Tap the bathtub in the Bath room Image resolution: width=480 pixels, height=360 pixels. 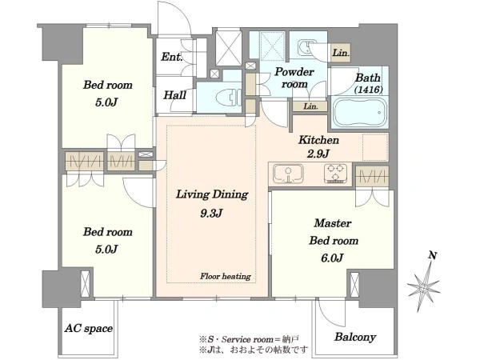(359, 112)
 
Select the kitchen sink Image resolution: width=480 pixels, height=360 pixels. (288, 174)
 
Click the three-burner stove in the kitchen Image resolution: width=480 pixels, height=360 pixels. (336, 174)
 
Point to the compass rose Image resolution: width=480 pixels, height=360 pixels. (425, 286)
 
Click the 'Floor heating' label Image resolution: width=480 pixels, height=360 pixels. (226, 277)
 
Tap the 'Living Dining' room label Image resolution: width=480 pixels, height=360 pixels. (212, 194)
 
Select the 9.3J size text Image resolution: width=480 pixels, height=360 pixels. (211, 213)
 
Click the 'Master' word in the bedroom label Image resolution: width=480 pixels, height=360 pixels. (333, 223)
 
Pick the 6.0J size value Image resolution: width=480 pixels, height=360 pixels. (333, 258)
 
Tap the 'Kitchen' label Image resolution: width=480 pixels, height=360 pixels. (318, 140)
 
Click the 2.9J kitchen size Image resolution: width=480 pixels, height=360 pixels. (318, 154)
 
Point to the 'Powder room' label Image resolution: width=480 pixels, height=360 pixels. (294, 78)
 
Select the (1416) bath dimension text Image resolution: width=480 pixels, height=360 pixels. (368, 90)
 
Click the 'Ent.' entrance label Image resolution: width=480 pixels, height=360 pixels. (172, 57)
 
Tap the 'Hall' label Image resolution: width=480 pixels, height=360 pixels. (174, 95)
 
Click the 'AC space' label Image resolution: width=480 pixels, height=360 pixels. (89, 329)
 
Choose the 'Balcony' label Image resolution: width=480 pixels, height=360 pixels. (355, 337)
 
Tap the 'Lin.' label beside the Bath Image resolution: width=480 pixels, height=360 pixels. (341, 53)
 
